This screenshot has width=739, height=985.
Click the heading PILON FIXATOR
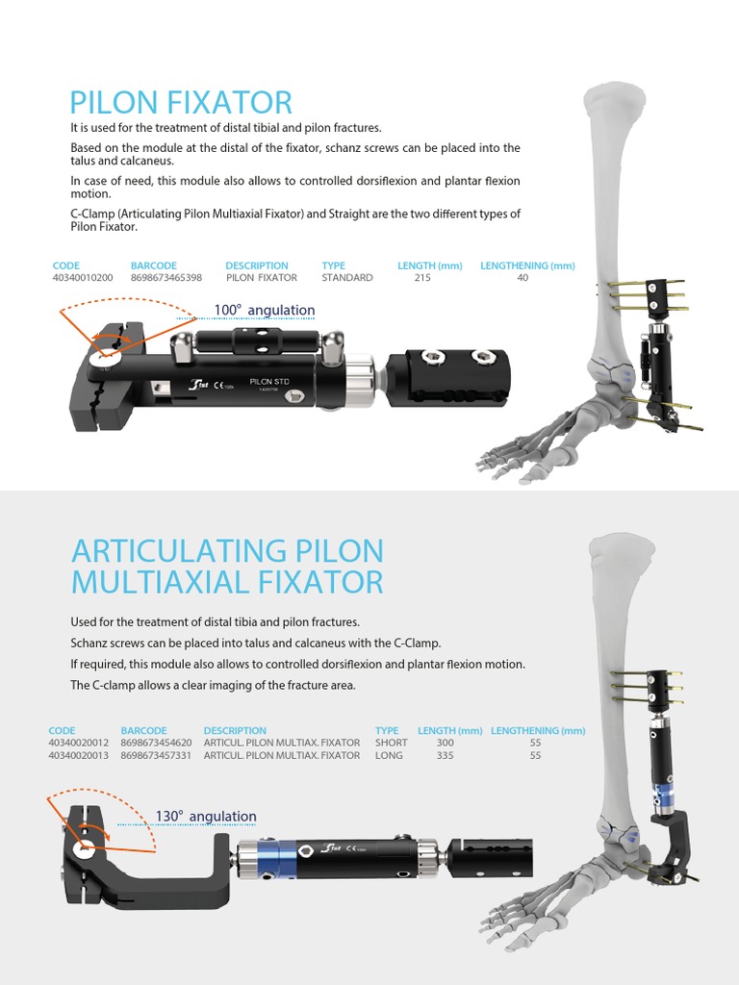click(181, 103)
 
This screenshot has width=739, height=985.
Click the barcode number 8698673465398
click(166, 278)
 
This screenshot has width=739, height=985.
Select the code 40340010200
click(83, 278)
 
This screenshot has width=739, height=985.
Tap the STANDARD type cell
click(347, 278)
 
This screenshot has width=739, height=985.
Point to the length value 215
click(422, 278)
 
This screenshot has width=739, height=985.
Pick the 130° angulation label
click(206, 817)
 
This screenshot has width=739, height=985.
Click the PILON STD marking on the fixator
click(268, 382)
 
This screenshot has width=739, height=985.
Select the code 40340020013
click(79, 756)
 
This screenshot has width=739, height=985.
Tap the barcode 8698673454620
click(157, 743)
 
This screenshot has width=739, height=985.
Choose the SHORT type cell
click(392, 743)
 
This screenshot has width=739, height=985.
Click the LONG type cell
click(390, 756)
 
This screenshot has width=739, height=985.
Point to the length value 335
click(445, 756)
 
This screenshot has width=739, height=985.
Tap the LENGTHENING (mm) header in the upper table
click(527, 265)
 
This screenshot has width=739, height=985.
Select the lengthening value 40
click(522, 278)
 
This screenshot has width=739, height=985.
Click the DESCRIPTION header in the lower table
click(235, 731)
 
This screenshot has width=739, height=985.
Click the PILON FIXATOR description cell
click(262, 278)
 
